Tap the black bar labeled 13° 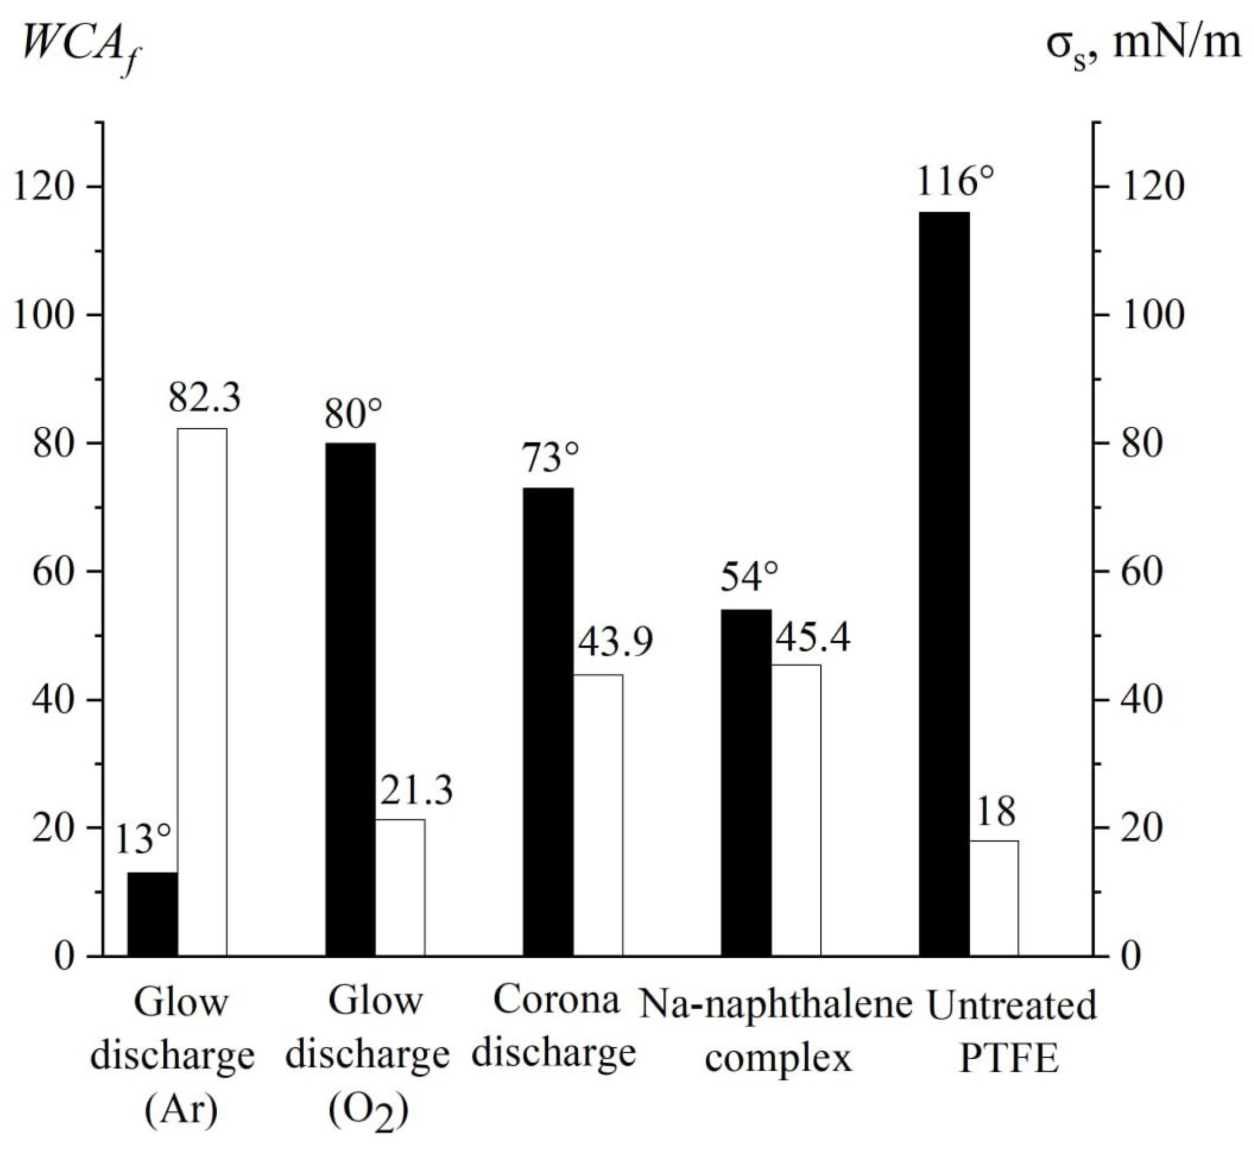point(153,914)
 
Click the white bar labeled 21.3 point(401,887)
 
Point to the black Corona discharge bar point(548,721)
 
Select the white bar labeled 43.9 point(598,815)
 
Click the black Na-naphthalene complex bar point(746,782)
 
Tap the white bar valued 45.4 point(796,809)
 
